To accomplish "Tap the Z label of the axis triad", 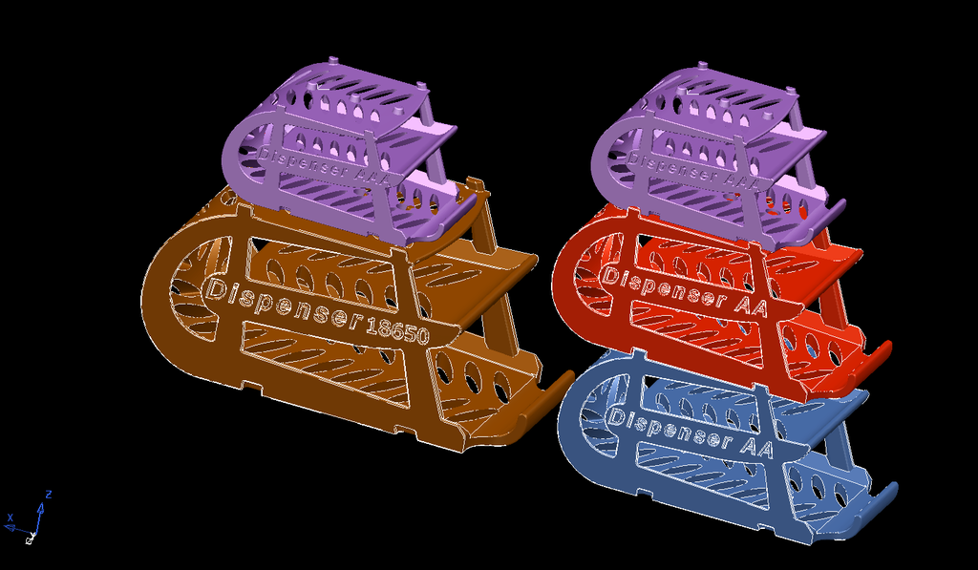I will coord(48,495).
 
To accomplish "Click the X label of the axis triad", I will coord(11,518).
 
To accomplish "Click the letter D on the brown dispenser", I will coord(215,287).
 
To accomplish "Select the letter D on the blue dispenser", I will coord(616,417).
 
